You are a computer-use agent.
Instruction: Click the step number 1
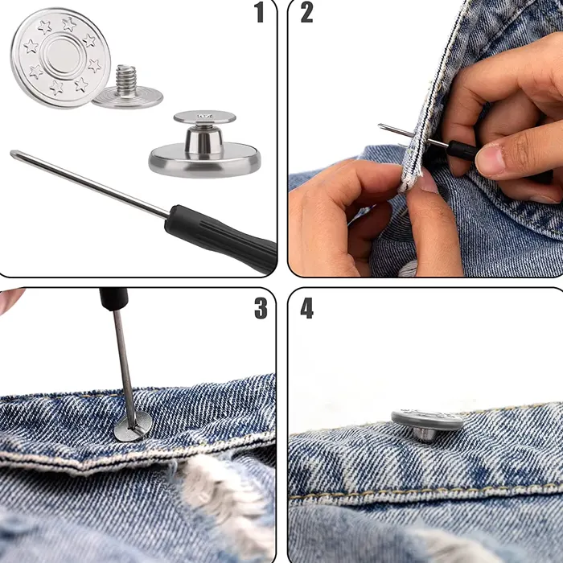259,12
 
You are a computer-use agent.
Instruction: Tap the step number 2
307,12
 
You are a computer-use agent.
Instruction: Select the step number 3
261,308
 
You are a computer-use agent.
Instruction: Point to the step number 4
307,308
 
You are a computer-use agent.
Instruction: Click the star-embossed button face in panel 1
60,58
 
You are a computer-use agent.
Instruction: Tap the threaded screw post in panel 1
125,80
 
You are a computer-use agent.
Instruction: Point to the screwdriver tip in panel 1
13,154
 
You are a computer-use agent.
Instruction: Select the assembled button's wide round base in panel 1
204,161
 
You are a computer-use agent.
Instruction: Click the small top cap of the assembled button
204,117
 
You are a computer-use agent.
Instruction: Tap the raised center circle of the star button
61,55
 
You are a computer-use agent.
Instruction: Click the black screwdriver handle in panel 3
114,298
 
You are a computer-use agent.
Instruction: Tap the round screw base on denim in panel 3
133,425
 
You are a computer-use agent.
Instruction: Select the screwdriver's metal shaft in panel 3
125,368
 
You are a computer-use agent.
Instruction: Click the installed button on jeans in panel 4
427,424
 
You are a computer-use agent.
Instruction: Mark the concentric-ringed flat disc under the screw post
127,98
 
